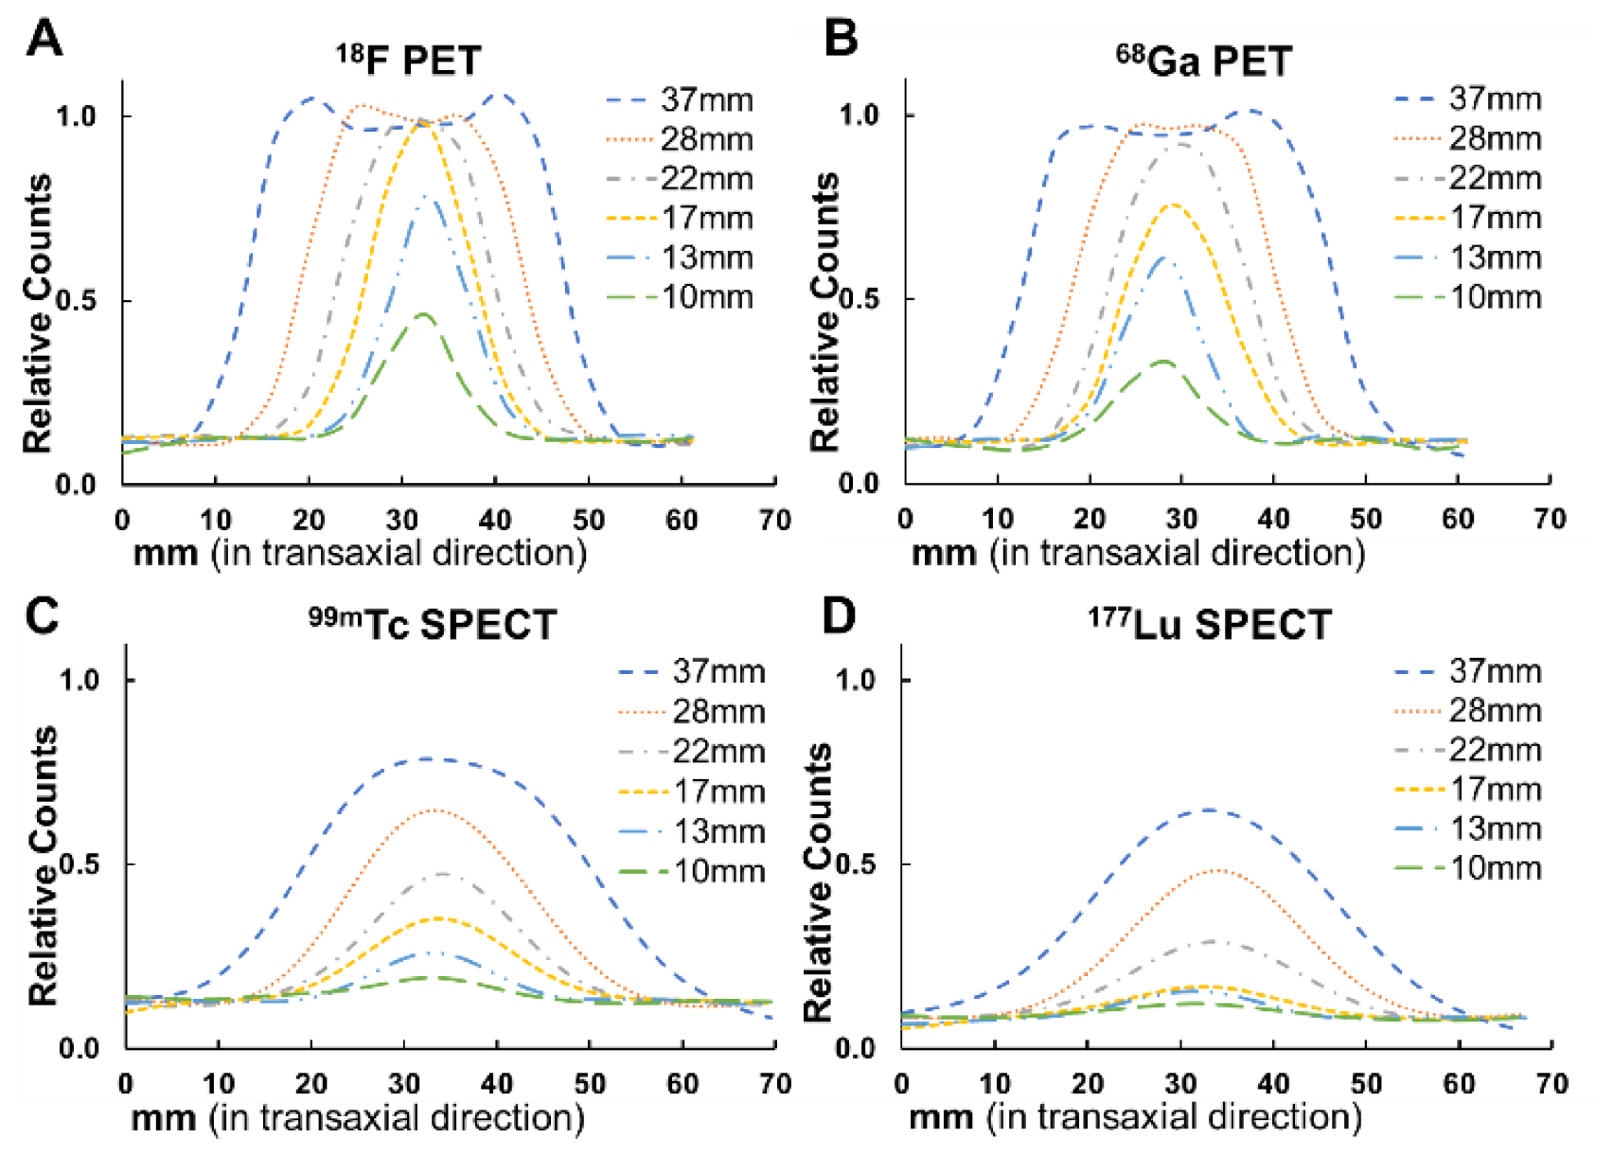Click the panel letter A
pyautogui.click(x=44, y=40)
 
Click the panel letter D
pyautogui.click(x=839, y=616)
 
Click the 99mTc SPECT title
pyautogui.click(x=433, y=625)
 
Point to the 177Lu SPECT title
pyautogui.click(x=1209, y=625)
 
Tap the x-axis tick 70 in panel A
pyautogui.click(x=775, y=520)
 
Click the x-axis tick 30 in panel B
pyautogui.click(x=1180, y=519)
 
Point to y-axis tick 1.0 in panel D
pyautogui.click(x=856, y=680)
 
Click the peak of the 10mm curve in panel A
pyautogui.click(x=423, y=314)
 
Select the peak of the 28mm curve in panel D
pyautogui.click(x=1218, y=870)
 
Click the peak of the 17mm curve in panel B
pyautogui.click(x=1173, y=205)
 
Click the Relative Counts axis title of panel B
pyautogui.click(x=824, y=312)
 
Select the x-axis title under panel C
pyautogui.click(x=358, y=1118)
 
